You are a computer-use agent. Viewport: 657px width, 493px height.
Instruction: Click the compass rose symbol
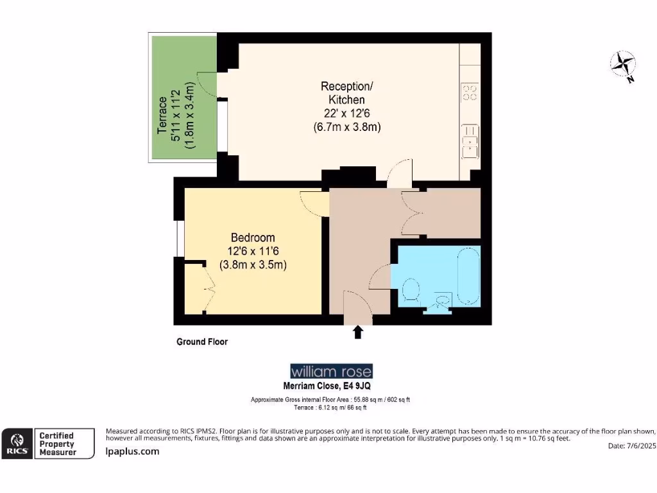(x=622, y=65)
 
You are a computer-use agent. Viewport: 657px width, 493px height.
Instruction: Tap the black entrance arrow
(x=358, y=331)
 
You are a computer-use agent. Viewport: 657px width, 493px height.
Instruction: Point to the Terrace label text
(x=163, y=116)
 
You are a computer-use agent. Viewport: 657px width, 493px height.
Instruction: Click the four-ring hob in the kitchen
(x=470, y=92)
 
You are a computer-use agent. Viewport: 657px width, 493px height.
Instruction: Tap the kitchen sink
(x=470, y=141)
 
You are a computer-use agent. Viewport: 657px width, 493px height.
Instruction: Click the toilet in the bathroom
(x=411, y=291)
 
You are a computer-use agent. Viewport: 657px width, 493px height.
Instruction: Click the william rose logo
(x=331, y=372)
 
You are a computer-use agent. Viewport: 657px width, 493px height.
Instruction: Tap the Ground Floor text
(x=202, y=342)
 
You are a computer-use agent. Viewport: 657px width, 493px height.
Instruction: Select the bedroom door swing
(x=313, y=202)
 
